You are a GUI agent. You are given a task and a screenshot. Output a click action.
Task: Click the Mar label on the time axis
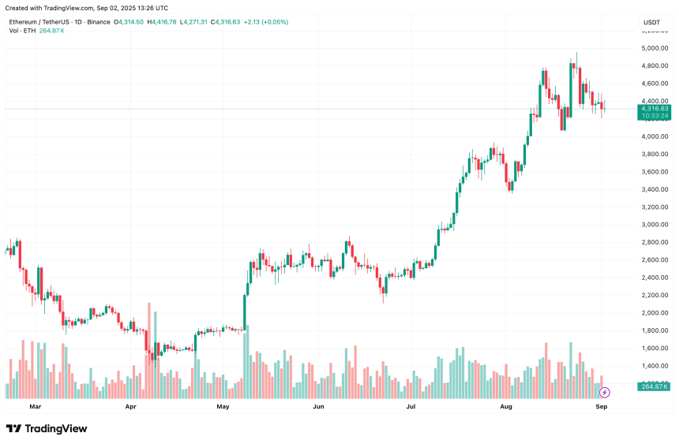pos(34,407)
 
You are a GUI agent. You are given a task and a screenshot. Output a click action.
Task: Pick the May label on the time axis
pos(223,407)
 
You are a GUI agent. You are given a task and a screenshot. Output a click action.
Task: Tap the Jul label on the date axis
pos(411,407)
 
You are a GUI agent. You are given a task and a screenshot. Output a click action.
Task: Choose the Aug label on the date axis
pos(506,407)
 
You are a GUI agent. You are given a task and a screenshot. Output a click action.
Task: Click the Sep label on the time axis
pos(601,407)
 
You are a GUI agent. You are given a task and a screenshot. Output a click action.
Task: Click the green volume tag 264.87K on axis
pos(653,386)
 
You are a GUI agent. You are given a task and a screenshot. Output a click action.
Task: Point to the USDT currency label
pos(652,22)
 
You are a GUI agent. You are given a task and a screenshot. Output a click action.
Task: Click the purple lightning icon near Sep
pos(605,392)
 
